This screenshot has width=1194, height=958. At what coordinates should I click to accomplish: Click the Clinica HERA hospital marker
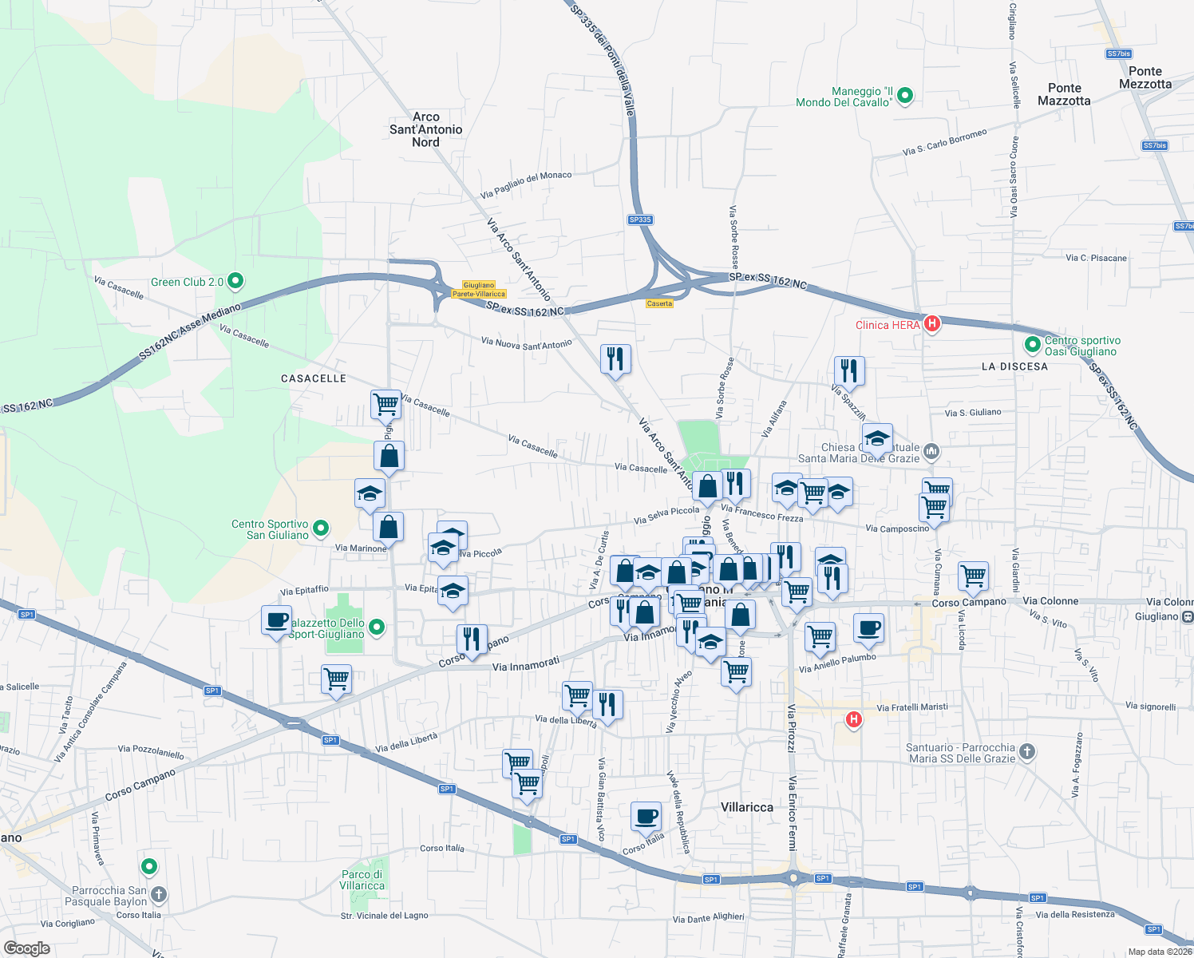click(x=931, y=323)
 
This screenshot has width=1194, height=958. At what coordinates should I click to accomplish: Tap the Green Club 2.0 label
click(x=188, y=282)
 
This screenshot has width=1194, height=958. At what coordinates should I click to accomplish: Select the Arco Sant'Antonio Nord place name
click(x=425, y=129)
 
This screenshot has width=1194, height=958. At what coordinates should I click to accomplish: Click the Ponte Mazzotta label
click(x=1064, y=94)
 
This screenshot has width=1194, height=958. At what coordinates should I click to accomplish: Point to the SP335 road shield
click(x=640, y=220)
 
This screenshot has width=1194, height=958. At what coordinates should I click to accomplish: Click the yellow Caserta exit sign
click(x=659, y=303)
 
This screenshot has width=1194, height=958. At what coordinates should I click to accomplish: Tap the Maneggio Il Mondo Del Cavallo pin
click(x=905, y=97)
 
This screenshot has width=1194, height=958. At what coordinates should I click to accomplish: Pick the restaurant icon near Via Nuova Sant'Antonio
click(x=615, y=358)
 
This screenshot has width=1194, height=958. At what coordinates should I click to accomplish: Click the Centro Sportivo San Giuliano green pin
click(x=321, y=528)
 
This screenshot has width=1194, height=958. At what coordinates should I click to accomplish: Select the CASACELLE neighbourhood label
click(x=314, y=378)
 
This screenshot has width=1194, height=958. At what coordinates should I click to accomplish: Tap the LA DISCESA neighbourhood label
click(x=1014, y=366)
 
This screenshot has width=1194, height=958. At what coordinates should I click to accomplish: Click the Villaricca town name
click(x=747, y=807)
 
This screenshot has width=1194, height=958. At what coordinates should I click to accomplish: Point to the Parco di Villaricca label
click(x=362, y=880)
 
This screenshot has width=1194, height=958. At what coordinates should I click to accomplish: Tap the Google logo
click(x=26, y=948)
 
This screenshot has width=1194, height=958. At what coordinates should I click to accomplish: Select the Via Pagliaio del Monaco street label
click(x=526, y=185)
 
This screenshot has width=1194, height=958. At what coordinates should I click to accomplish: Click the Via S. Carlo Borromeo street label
click(x=944, y=142)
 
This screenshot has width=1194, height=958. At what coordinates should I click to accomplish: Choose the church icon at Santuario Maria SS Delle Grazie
click(x=1027, y=751)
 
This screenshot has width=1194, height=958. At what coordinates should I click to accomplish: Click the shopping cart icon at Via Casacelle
click(x=386, y=404)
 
